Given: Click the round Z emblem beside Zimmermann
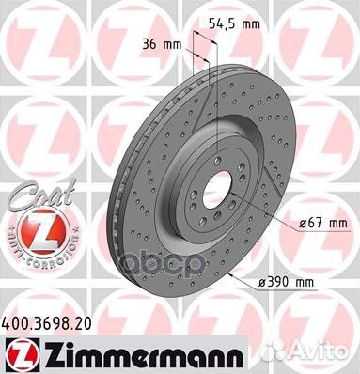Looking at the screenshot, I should coord(14,351).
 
